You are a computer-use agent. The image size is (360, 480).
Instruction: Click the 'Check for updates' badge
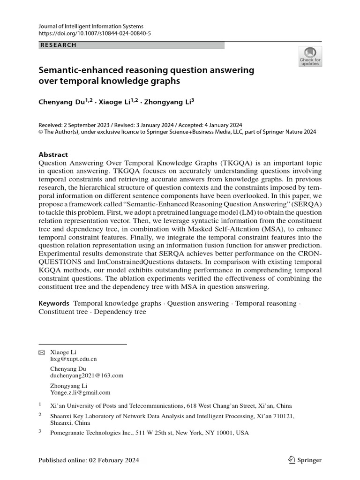(x=310, y=56)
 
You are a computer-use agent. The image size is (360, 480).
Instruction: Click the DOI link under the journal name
(x=94, y=34)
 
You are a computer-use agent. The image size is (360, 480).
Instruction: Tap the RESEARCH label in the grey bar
(x=58, y=45)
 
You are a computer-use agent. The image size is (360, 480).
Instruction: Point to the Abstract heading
(x=53, y=154)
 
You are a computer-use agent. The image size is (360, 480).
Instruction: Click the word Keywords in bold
(x=54, y=303)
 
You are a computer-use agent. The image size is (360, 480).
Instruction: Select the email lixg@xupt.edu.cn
(x=73, y=359)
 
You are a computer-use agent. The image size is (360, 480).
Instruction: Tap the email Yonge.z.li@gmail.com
(x=80, y=392)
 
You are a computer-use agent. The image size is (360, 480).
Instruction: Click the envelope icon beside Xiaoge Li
(x=41, y=352)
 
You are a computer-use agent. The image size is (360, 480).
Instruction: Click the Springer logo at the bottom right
(x=305, y=460)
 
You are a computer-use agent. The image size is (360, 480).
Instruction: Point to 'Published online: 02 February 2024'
(x=89, y=460)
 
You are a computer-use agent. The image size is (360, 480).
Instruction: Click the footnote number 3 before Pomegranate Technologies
(x=40, y=432)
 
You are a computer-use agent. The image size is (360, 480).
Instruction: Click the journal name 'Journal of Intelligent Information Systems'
(x=91, y=26)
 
